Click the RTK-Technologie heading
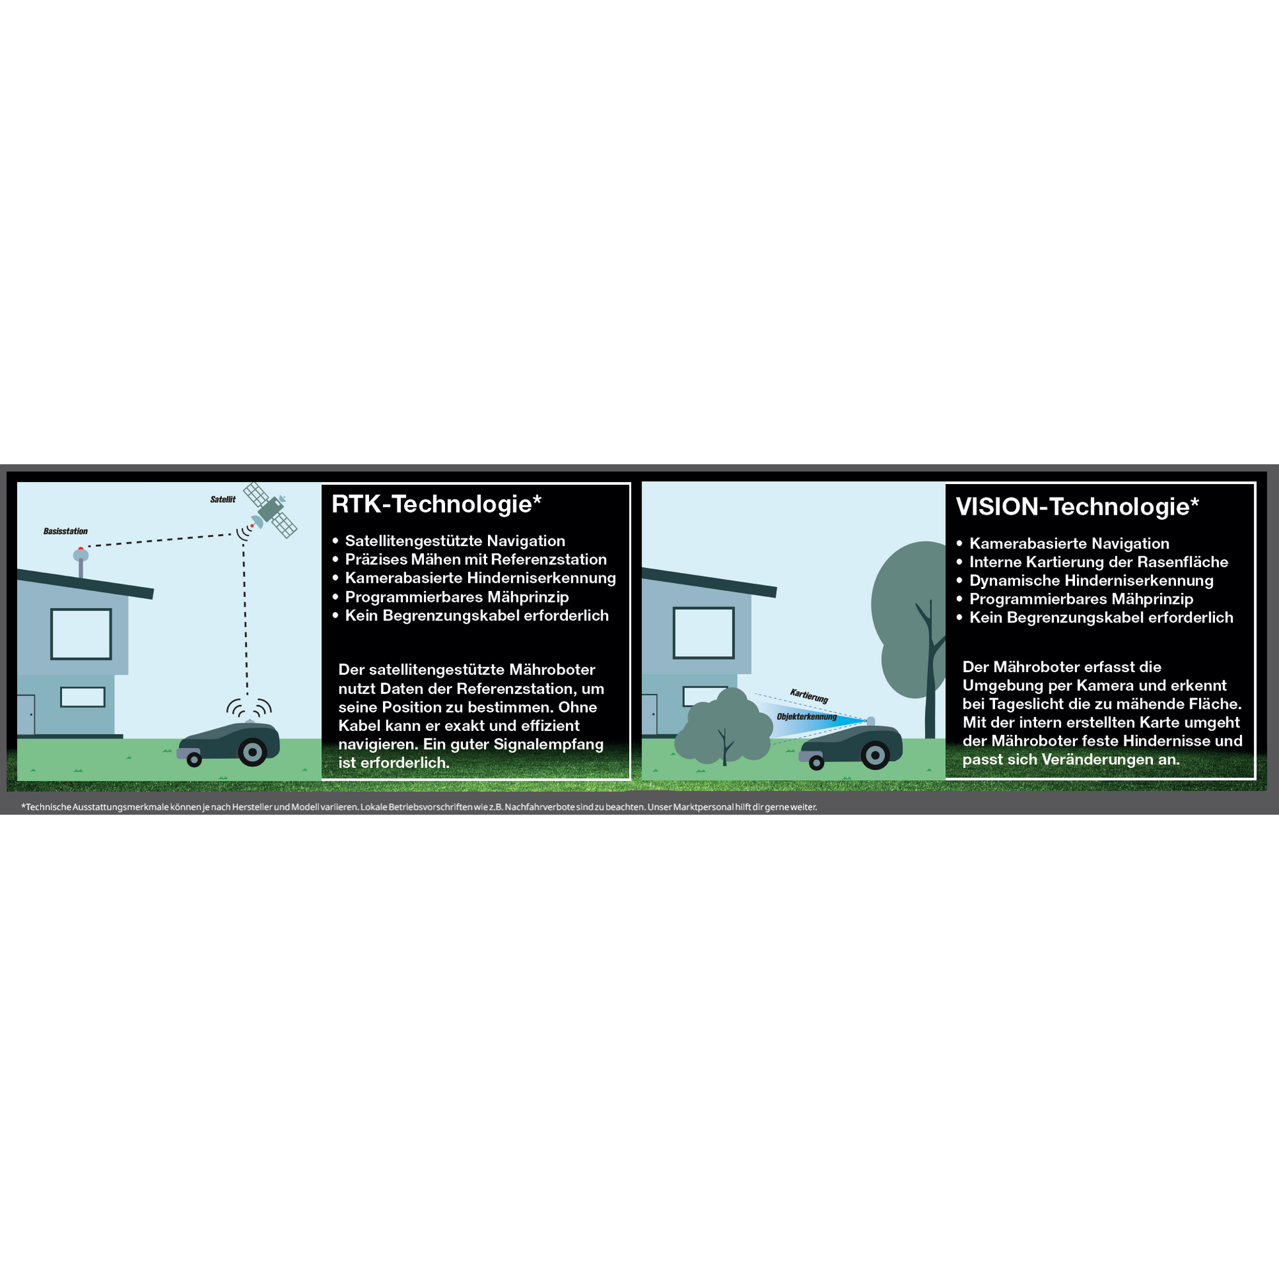tap(436, 505)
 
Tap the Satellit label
tap(223, 500)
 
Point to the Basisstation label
tap(65, 531)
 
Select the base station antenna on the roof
tap(81, 562)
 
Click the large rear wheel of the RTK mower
tap(252, 752)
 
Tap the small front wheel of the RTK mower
tap(194, 759)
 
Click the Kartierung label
tap(809, 696)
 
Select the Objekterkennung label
tap(807, 716)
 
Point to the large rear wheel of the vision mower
tap(875, 755)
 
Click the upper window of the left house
tap(81, 634)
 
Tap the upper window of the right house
tap(703, 633)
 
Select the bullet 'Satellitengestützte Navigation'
tap(455, 542)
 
